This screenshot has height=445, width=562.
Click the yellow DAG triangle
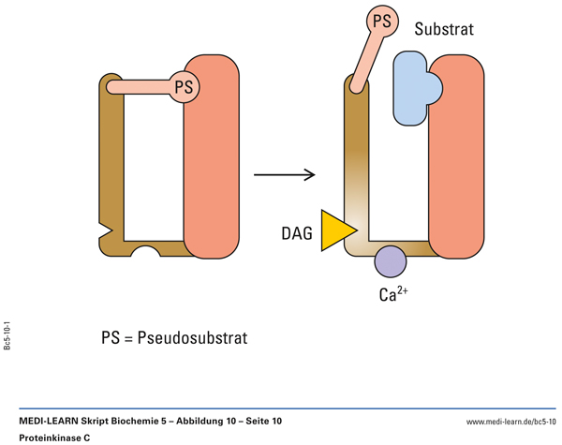pyautogui.click(x=334, y=230)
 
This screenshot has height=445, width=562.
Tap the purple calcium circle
pyautogui.click(x=391, y=260)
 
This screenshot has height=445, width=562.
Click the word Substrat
pyautogui.click(x=444, y=30)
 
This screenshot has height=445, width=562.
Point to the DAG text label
pyautogui.click(x=297, y=233)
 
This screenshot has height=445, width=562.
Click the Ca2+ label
pyautogui.click(x=392, y=294)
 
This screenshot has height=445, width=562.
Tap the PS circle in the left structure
pyautogui.click(x=185, y=87)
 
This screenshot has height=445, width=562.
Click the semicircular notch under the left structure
pyautogui.click(x=147, y=253)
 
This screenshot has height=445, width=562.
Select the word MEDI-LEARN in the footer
pyautogui.click(x=54, y=422)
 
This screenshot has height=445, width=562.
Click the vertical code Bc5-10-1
pyautogui.click(x=8, y=334)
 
